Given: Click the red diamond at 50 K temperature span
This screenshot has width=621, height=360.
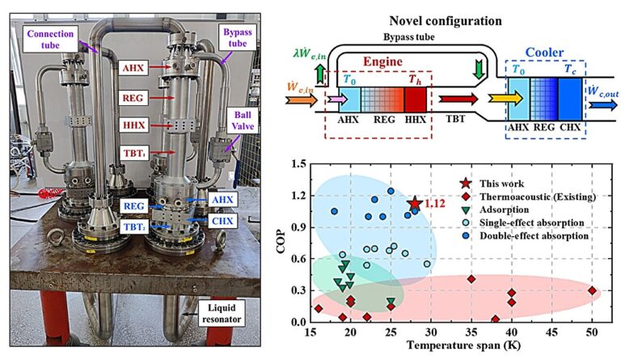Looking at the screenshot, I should [592, 290].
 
